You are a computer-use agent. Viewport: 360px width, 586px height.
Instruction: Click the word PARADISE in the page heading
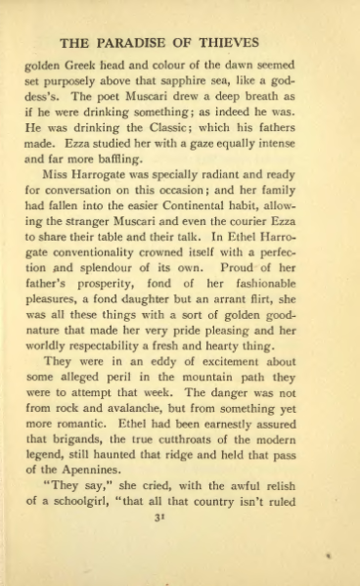[x=146, y=43]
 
